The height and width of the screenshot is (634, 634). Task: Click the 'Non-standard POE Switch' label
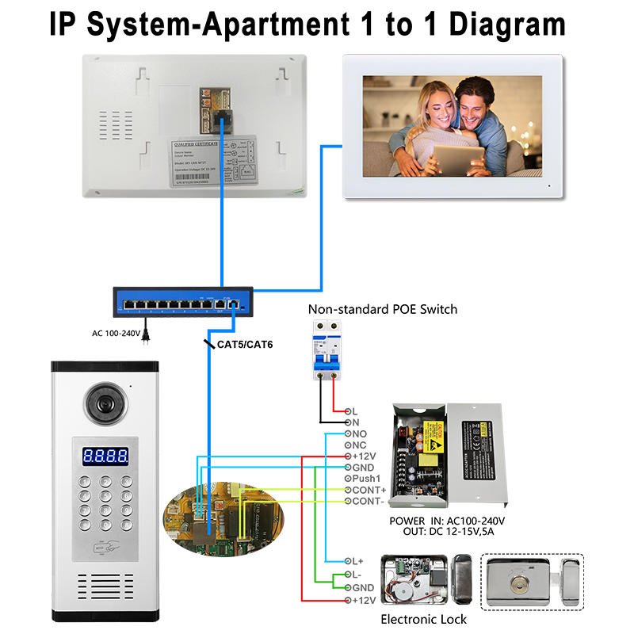382,309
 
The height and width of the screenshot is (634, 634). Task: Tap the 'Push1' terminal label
367,479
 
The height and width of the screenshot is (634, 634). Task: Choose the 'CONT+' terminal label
369,491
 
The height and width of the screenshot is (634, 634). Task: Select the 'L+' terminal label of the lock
358,561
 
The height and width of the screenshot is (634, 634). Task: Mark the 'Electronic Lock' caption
424,618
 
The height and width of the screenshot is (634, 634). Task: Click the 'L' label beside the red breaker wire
354,411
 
